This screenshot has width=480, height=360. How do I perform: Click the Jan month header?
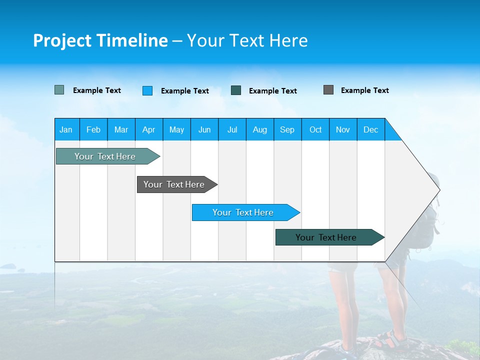tap(66, 129)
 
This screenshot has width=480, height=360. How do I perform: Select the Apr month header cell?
tap(148, 129)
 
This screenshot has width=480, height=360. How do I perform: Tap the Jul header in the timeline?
tap(232, 129)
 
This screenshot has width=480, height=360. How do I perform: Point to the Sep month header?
tap(287, 129)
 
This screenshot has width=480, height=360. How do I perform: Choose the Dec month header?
tap(370, 129)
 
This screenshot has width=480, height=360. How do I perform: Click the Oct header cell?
tap(315, 129)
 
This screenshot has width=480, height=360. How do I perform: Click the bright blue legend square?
tap(147, 90)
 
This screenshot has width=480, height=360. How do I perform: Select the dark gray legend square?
tap(328, 90)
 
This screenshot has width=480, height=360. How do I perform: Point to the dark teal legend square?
tap(236, 90)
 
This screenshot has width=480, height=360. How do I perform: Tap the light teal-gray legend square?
tap(59, 90)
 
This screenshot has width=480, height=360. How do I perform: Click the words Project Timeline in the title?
tap(100, 40)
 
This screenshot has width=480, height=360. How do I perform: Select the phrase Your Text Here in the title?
tap(247, 40)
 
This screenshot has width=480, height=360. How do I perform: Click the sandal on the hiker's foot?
tap(391, 339)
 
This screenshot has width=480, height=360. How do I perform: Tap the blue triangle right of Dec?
tap(392, 132)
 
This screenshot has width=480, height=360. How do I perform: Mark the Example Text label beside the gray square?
tap(364, 90)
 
